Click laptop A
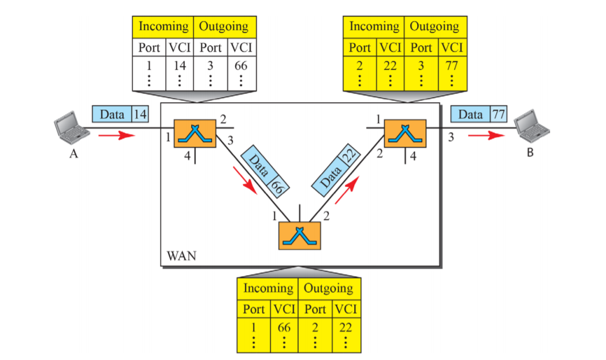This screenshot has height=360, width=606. click(x=72, y=127)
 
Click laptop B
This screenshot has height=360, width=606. click(x=532, y=126)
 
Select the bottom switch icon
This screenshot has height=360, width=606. click(x=299, y=236)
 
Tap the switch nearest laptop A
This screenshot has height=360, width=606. click(x=195, y=133)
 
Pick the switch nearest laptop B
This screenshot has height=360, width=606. click(x=405, y=133)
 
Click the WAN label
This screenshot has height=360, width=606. click(x=181, y=256)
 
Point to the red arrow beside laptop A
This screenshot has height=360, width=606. click(x=117, y=135)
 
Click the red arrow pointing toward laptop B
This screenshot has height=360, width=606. click(x=486, y=135)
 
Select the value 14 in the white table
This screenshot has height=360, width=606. click(x=180, y=66)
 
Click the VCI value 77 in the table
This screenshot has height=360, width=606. click(x=452, y=66)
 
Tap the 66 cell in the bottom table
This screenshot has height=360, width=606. click(x=284, y=328)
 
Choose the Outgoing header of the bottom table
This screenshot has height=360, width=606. click(x=329, y=288)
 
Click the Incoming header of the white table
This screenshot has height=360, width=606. click(x=163, y=27)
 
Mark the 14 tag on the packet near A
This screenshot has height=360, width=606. click(x=140, y=114)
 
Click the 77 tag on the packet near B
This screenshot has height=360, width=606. click(x=499, y=114)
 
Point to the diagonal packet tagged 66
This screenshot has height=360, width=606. click(x=265, y=171)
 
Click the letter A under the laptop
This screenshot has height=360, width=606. click(x=73, y=154)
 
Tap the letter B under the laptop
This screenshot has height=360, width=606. click(x=530, y=153)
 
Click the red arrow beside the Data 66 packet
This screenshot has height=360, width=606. click(x=245, y=180)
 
